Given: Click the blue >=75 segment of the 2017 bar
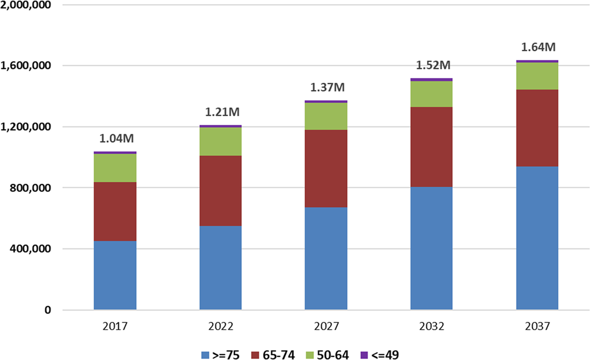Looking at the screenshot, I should click(x=115, y=275).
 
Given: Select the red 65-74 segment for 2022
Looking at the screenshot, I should click(x=221, y=191).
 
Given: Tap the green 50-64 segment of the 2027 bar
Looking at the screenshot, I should click(x=326, y=116).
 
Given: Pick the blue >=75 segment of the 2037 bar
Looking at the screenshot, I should click(x=537, y=238).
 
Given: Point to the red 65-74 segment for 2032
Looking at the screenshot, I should click(x=431, y=147).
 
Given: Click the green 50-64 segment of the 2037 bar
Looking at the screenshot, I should click(x=537, y=76).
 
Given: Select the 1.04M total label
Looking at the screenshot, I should click(x=115, y=139).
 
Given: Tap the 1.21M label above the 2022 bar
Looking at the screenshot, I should click(x=221, y=112).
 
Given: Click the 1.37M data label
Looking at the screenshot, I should click(x=326, y=87).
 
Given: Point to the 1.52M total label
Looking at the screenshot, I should click(x=431, y=65).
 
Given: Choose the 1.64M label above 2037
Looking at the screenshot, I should click(x=537, y=47).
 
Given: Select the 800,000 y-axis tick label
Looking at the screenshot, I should click(x=30, y=188).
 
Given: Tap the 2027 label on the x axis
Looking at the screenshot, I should click(x=326, y=327).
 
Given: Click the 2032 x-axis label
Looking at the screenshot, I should click(x=431, y=327).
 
